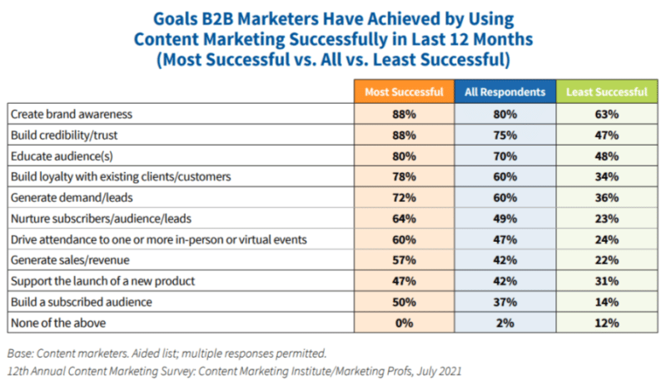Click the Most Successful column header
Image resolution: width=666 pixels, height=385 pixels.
pyautogui.click(x=404, y=91)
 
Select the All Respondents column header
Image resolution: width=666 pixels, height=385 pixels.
pyautogui.click(x=504, y=91)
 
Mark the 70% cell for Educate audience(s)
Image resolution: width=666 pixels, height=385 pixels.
pyautogui.click(x=504, y=155)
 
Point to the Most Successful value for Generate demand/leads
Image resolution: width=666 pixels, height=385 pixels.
pyautogui.click(x=404, y=196)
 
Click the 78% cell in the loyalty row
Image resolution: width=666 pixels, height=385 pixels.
pyautogui.click(x=404, y=175)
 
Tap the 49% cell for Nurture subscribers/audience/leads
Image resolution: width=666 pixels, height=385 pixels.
pyautogui.click(x=504, y=217)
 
